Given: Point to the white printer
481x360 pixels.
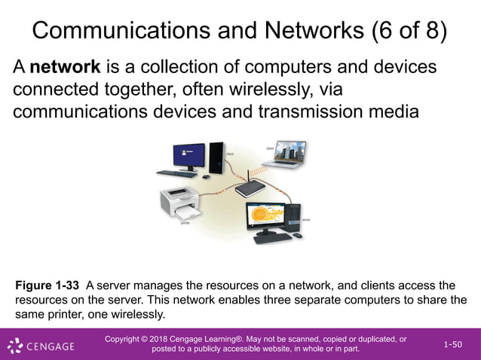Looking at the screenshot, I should [181, 204].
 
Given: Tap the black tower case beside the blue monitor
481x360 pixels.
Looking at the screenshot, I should [216, 158].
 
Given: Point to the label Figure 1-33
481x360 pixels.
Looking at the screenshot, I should [47, 285].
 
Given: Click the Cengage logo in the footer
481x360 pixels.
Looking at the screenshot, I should [41, 346].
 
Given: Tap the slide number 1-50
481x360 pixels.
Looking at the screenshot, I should [452, 344].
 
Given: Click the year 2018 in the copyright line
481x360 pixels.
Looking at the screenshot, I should [170, 340].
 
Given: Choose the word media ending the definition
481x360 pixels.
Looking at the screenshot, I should [390, 112].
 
